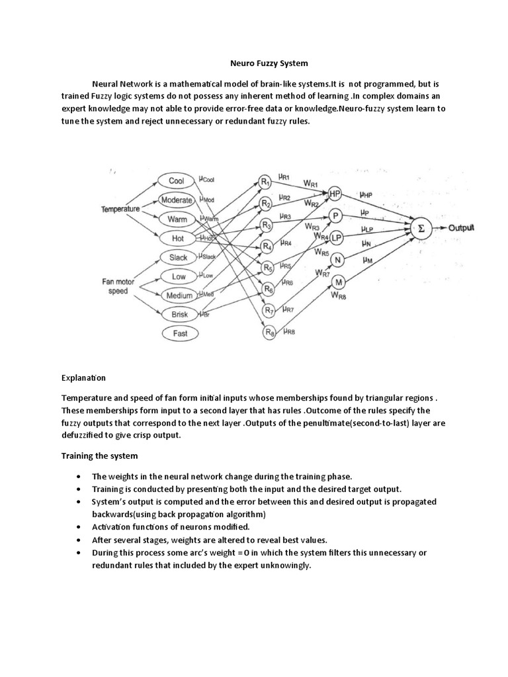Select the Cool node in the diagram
point(177,181)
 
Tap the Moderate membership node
point(177,200)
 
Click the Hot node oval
point(177,237)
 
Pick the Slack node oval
point(178,257)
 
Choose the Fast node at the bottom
point(180,334)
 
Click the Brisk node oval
point(179,315)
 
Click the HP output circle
point(335,193)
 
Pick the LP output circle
point(336,237)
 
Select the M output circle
point(337,282)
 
